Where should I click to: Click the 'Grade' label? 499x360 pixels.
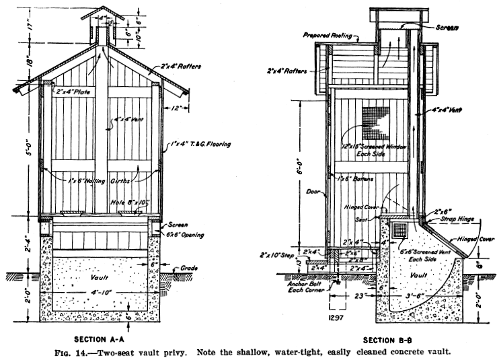click(x=188, y=267)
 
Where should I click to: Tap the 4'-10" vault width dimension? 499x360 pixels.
click(x=100, y=293)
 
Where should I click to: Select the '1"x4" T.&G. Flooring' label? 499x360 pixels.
click(x=201, y=144)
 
